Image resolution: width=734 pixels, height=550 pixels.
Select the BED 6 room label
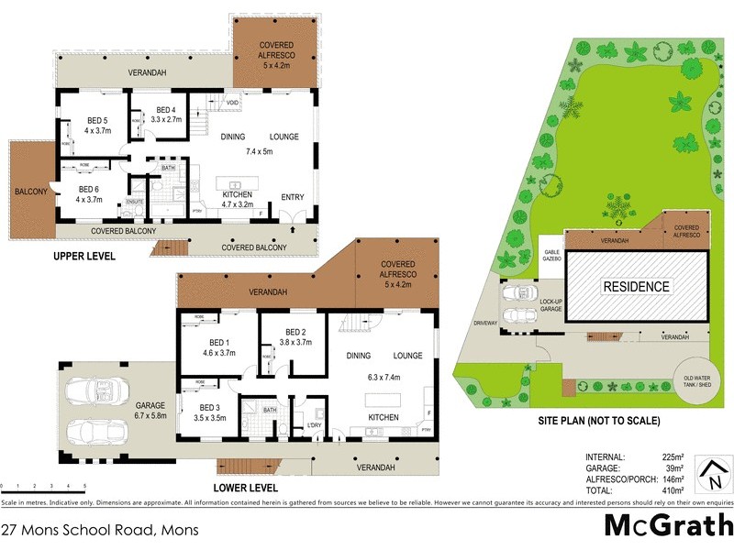point(87,192)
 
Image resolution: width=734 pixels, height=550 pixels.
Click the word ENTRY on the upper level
point(293,197)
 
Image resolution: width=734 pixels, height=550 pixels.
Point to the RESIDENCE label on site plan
point(636,287)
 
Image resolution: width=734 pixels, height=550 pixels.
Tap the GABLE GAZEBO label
point(552,257)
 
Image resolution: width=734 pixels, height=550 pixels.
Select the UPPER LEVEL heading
point(84,257)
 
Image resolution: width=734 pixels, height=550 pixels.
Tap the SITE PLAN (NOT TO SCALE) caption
point(599,422)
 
